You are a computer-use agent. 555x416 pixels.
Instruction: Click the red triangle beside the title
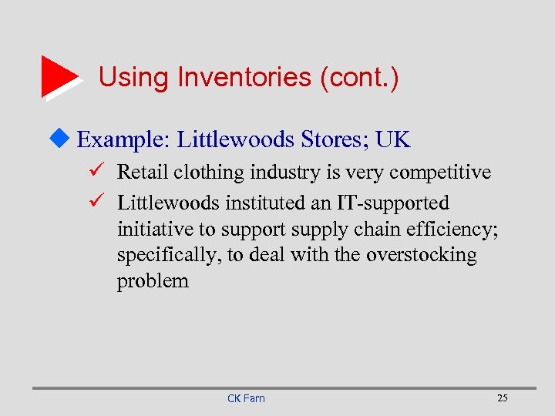pyautogui.click(x=59, y=76)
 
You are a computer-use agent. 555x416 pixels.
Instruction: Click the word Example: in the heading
pyautogui.click(x=123, y=140)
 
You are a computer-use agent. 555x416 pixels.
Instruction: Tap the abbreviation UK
pyautogui.click(x=393, y=140)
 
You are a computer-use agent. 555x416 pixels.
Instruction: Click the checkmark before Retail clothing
pyautogui.click(x=96, y=172)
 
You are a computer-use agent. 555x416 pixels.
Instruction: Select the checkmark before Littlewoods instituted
pyautogui.click(x=96, y=203)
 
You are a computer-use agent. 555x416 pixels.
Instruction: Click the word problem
pyautogui.click(x=153, y=281)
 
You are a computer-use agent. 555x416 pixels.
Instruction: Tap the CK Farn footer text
pyautogui.click(x=246, y=398)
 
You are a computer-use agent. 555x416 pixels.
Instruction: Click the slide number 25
pyautogui.click(x=503, y=398)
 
